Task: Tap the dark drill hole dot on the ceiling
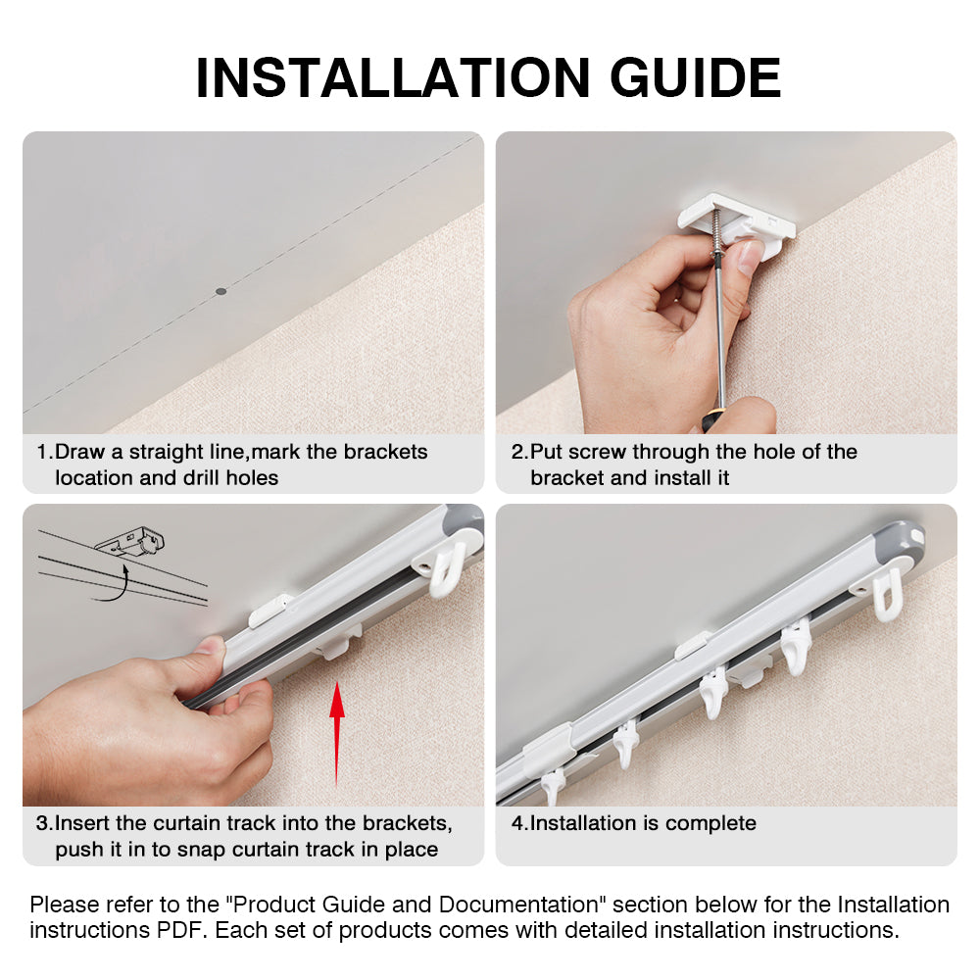pos(220,291)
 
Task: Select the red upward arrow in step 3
pos(336,730)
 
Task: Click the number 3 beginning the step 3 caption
pos(43,823)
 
